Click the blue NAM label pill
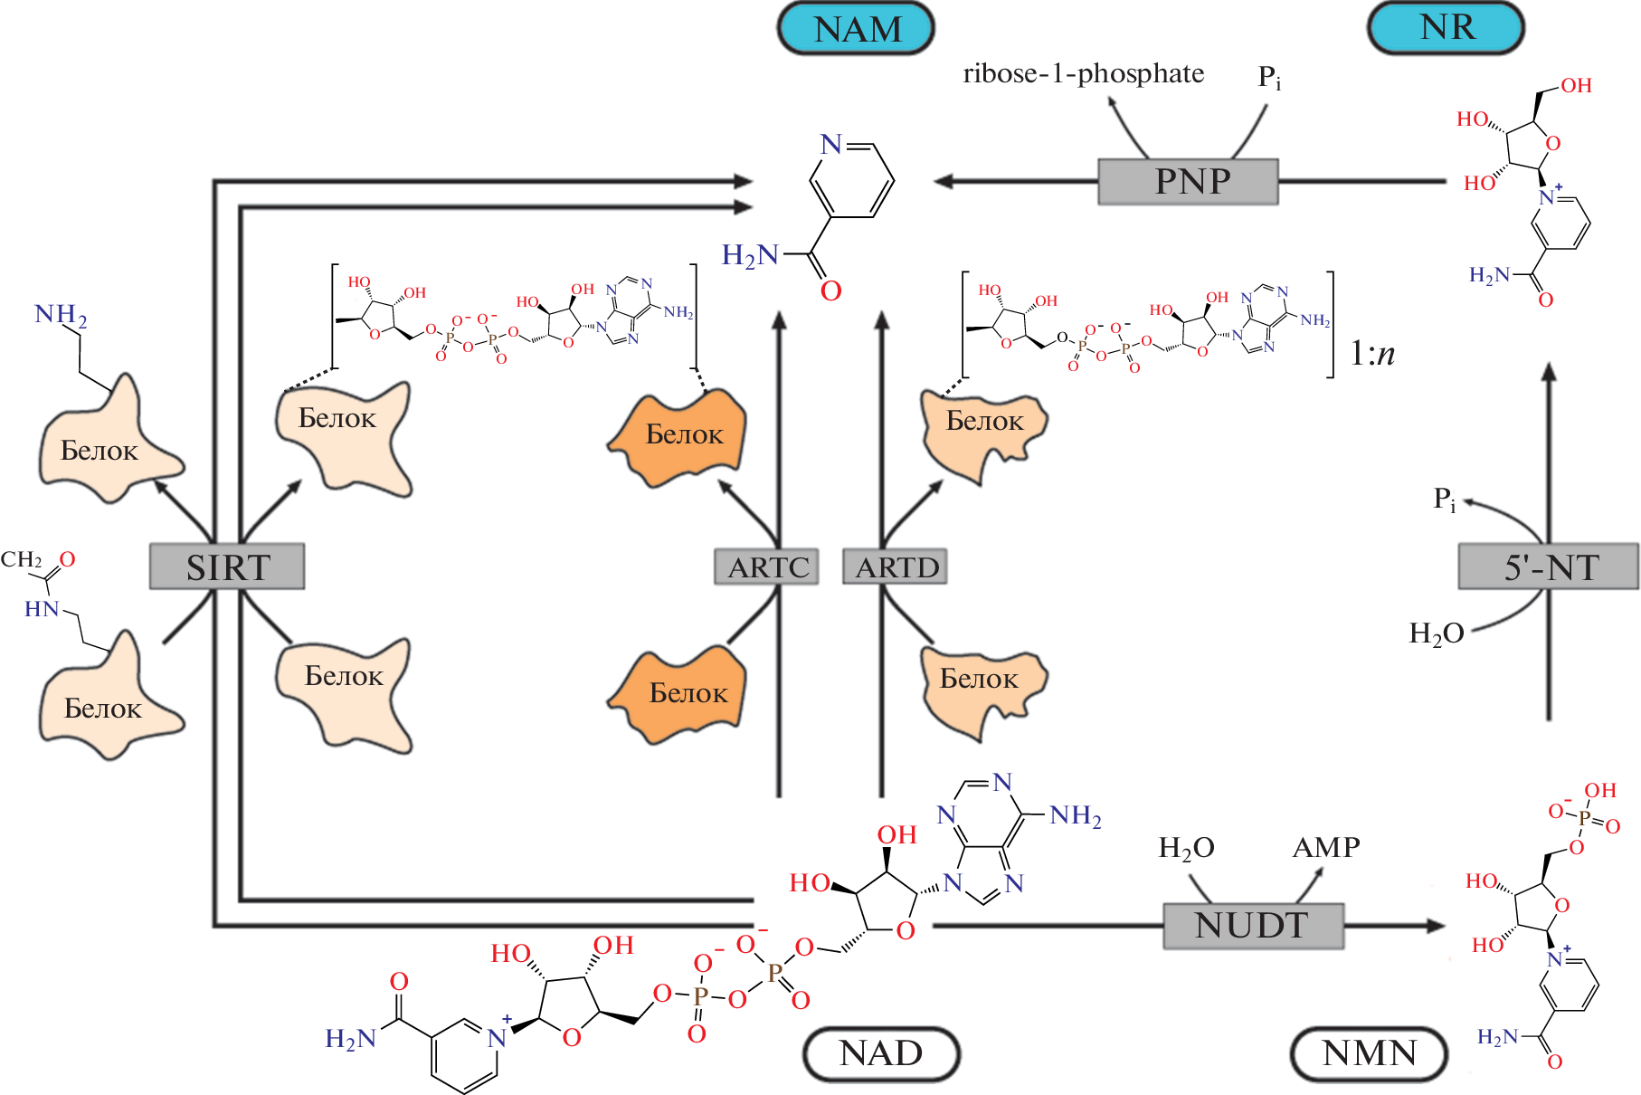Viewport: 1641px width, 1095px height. tap(856, 29)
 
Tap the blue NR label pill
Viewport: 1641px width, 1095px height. tap(1446, 28)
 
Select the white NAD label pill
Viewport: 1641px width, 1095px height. tap(881, 1053)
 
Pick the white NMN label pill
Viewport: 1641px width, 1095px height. tap(1369, 1053)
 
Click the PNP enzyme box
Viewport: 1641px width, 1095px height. tap(1188, 181)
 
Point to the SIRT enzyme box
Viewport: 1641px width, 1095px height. tap(227, 567)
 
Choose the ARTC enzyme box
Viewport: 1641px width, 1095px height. tap(767, 567)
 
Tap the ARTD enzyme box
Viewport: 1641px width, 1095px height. tap(896, 567)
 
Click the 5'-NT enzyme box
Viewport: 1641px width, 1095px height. tap(1549, 567)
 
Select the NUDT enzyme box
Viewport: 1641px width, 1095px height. tap(1253, 925)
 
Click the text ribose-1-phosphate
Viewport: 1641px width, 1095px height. tap(1083, 73)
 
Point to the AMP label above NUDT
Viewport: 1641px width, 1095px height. tap(1326, 847)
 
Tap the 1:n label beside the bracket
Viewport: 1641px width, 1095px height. tap(1372, 353)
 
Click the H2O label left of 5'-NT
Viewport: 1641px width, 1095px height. tap(1436, 633)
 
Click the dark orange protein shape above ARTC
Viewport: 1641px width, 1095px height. tap(679, 436)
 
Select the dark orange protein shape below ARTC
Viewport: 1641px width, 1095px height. tap(680, 694)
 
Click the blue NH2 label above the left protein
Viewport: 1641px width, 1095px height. tap(61, 316)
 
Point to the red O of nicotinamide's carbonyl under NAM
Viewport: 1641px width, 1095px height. tap(830, 291)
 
